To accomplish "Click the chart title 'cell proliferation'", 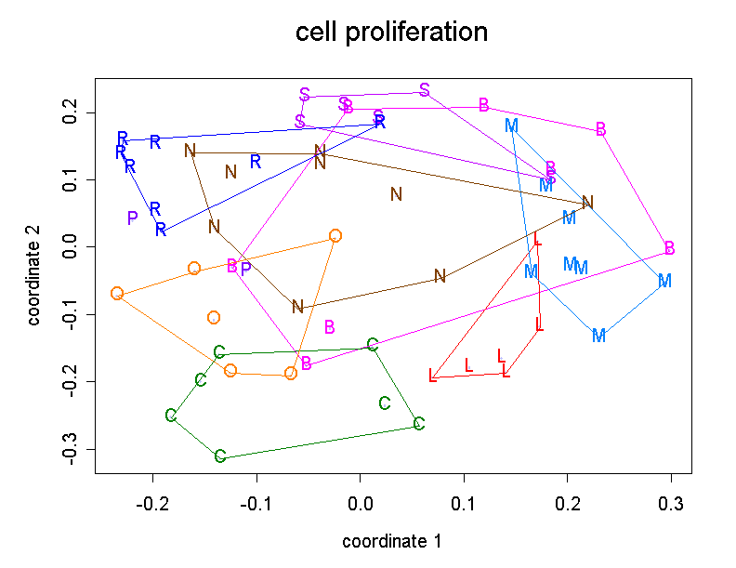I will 391,33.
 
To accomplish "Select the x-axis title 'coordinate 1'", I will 391,541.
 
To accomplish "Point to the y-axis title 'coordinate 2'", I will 34,278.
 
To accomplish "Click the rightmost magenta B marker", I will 669,248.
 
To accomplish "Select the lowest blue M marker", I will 598,336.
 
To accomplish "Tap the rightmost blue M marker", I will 664,281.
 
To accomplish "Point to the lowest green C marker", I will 220,456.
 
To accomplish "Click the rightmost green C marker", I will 419,424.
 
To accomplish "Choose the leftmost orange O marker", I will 117,294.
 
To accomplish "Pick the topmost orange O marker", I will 335,236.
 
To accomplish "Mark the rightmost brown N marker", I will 587,203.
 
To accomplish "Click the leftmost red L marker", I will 433,376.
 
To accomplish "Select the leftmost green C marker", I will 171,416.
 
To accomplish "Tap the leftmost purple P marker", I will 133,218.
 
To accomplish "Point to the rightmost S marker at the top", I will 425,90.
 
